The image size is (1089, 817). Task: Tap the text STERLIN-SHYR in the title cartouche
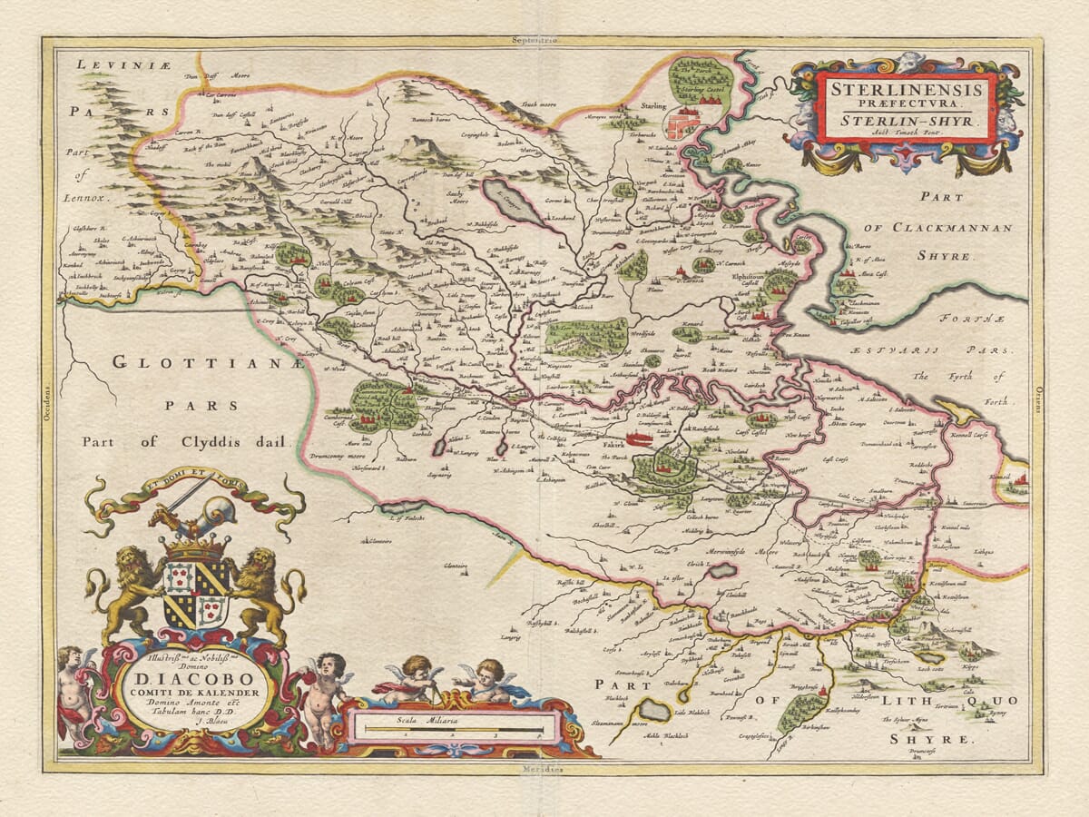[905, 118]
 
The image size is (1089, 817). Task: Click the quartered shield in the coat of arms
[195, 595]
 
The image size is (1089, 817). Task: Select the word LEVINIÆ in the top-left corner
[112, 64]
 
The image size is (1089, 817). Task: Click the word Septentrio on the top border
[534, 40]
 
